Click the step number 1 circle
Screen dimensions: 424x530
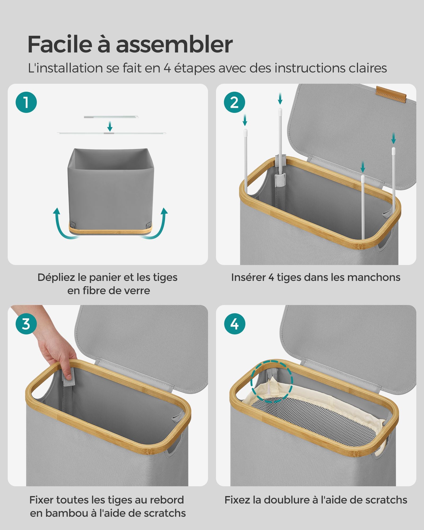26,102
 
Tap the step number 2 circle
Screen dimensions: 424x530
235,102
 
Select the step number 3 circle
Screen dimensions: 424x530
26,324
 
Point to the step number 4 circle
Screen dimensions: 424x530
235,324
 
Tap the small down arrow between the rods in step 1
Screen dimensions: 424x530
110,126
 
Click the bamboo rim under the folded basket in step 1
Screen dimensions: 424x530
111,228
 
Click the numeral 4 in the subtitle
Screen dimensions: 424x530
167,68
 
